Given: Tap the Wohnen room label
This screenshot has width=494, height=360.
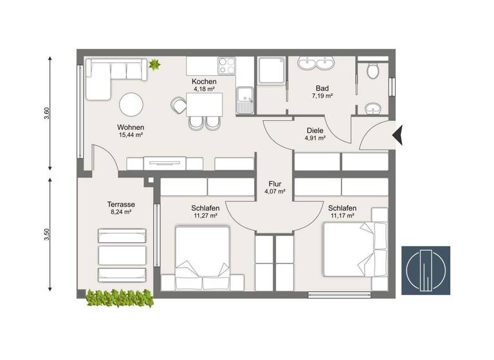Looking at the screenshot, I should [x=131, y=127].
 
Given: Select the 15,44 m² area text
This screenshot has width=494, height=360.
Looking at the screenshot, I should [x=131, y=135].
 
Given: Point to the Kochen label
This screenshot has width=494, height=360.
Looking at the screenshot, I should [x=204, y=82].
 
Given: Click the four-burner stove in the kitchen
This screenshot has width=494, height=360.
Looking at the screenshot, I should [x=226, y=66].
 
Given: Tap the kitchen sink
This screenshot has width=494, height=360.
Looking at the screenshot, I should [x=245, y=102].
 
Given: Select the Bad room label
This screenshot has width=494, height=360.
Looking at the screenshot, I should [x=322, y=88].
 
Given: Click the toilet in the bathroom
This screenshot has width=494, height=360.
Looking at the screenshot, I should [x=373, y=70].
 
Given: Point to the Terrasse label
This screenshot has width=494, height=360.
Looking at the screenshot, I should [x=120, y=203].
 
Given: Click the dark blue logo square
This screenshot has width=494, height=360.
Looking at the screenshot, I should [x=425, y=270].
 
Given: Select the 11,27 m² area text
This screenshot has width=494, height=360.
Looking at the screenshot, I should [x=205, y=216].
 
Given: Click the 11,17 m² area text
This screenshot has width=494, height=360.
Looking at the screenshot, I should [x=342, y=216].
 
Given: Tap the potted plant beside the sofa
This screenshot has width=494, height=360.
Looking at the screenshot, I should [x=154, y=64].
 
